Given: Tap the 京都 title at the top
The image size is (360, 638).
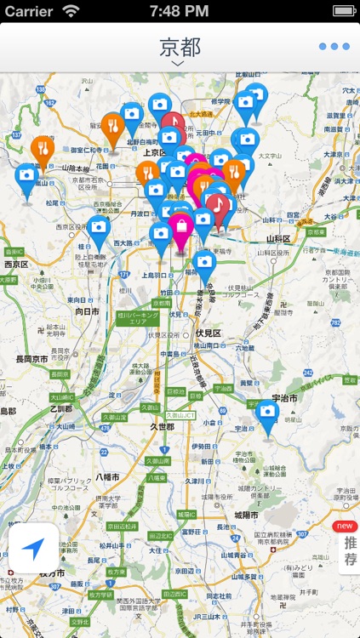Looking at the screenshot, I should coord(180,47).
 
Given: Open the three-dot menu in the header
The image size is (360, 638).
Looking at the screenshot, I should coord(334,47).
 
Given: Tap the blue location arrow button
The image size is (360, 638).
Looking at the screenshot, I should coord(34,548).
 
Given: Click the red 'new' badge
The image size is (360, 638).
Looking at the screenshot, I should coord(346,527).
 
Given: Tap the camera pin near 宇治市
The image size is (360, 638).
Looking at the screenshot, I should coord(267,414).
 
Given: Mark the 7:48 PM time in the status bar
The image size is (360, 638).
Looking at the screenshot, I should coord(180,11).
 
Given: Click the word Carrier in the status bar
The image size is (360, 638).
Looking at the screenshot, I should coord(29,11).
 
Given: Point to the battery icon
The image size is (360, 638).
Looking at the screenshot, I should coord(343,11).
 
